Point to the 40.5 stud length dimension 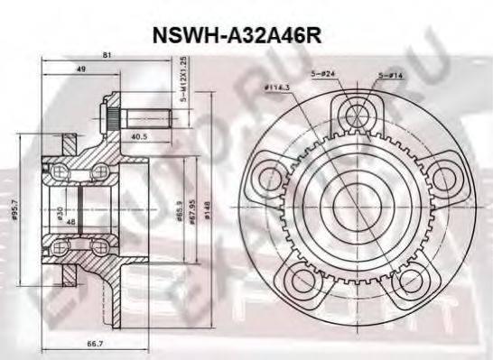pyautogui.click(x=139, y=137)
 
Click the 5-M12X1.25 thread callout pyautogui.click(x=183, y=80)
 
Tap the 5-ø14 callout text pyautogui.click(x=391, y=73)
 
